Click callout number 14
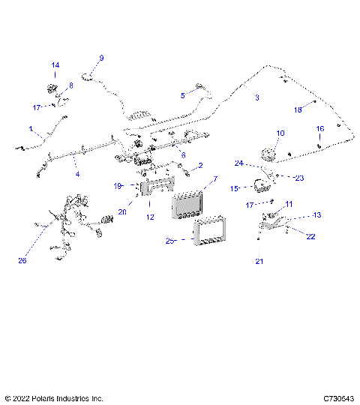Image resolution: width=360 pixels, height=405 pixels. (x=55, y=65)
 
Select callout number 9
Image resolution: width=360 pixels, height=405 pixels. (x=101, y=58)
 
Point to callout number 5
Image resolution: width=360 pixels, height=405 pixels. (x=182, y=95)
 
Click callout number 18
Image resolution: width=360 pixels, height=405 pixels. (x=298, y=109)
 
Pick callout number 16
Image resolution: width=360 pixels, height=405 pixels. (x=319, y=129)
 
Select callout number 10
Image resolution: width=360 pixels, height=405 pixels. (x=280, y=133)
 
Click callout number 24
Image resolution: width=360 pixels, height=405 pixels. (x=238, y=163)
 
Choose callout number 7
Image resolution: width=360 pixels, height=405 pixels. (x=215, y=179)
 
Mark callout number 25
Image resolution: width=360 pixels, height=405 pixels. (x=170, y=241)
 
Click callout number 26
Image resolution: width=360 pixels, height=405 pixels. (x=22, y=261)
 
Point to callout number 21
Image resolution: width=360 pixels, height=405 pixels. (x=259, y=261)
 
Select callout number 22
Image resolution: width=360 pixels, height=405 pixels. (x=310, y=236)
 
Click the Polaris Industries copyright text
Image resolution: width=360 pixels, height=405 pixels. (x=54, y=397)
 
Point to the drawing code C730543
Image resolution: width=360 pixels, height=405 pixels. (x=339, y=397)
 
